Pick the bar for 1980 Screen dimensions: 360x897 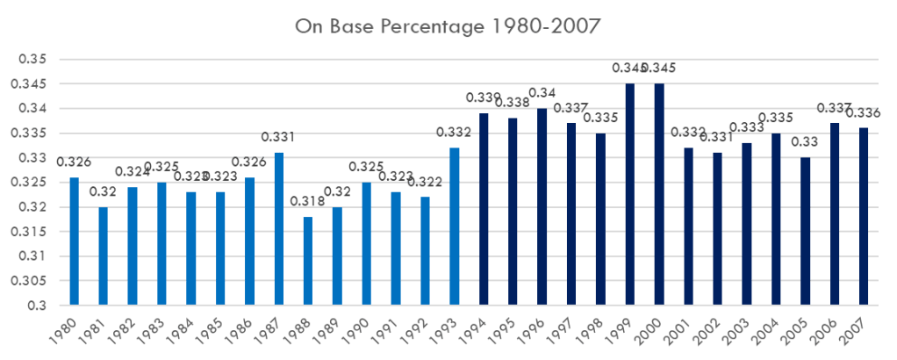tap(74, 241)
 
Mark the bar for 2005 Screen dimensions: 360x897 tap(805, 232)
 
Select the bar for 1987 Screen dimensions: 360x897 tap(278, 229)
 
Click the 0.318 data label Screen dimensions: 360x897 tap(307, 202)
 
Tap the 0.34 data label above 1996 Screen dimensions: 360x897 tap(542, 93)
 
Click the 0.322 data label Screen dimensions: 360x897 tap(425, 182)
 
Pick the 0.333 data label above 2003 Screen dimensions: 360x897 tap(747, 127)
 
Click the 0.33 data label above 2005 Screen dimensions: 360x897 tap(805, 142)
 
